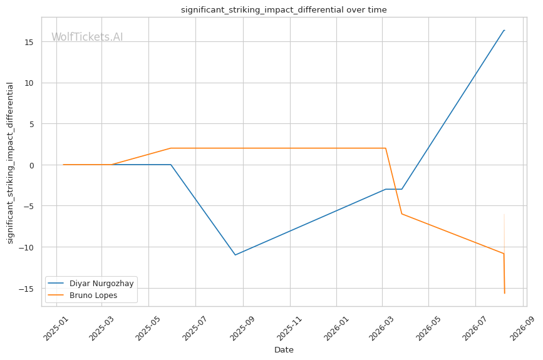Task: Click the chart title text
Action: click(x=284, y=9)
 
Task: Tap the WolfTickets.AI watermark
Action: click(x=87, y=37)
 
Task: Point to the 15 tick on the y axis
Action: click(x=29, y=42)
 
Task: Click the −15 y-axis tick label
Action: click(x=27, y=289)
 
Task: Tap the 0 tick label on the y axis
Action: click(x=32, y=165)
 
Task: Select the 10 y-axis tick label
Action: click(x=29, y=83)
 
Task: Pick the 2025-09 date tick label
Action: click(x=243, y=329)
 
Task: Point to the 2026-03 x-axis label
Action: click(x=382, y=329)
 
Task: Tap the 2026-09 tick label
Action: click(x=522, y=329)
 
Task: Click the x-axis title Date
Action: click(x=284, y=350)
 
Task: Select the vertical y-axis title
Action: click(x=10, y=163)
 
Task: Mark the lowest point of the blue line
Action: click(x=235, y=255)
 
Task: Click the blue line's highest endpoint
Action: click(x=504, y=31)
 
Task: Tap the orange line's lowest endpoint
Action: click(x=505, y=294)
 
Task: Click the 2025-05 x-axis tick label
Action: click(x=148, y=329)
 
